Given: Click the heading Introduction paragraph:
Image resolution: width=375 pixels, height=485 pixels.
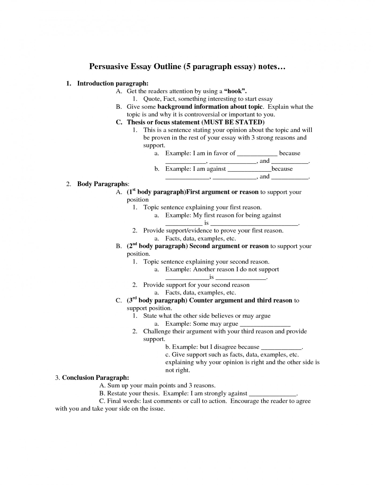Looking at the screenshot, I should tap(113, 83).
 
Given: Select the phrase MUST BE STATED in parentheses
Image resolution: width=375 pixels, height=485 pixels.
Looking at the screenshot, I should tap(232, 122).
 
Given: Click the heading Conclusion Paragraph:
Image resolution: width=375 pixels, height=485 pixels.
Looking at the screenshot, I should tap(95, 378).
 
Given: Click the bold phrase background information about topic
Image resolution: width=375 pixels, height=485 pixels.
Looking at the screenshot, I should tap(210, 107).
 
